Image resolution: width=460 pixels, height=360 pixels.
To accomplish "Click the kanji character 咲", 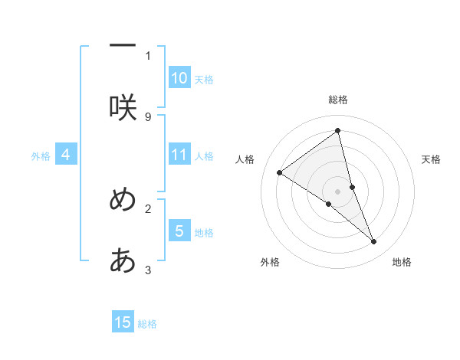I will pos(123,107).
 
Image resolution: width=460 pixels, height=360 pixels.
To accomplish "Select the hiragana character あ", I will pos(123,261).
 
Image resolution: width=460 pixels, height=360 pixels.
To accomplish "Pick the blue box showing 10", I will pos(179,78).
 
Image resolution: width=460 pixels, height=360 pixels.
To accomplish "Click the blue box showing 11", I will pos(179,155).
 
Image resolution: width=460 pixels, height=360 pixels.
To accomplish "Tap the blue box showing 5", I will pos(179,231).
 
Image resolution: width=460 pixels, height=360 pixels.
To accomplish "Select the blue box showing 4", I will pos(66,155).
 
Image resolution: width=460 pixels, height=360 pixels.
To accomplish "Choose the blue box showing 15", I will pos(123,322).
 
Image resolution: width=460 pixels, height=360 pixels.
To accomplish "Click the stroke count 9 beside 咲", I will pos(148,116).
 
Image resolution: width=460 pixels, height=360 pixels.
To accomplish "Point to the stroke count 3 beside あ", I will pos(148,270).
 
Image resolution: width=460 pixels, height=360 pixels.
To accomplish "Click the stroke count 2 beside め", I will pos(148,208).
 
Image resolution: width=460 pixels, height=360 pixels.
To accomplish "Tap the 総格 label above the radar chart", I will pos(338,100).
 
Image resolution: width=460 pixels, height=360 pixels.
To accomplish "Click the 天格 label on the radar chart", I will pos(432,159).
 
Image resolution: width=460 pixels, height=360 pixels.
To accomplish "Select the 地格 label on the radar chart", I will pos(402,262).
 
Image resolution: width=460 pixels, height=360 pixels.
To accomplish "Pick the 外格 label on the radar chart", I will pos(270,262).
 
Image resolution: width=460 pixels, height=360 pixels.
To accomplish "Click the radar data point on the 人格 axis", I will pos(280,172).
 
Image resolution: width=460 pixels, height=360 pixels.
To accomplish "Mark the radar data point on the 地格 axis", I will pos(374,242).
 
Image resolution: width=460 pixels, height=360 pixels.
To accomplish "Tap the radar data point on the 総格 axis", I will pos(338,130).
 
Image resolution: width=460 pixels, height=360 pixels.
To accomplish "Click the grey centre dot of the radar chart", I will pos(338,191).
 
